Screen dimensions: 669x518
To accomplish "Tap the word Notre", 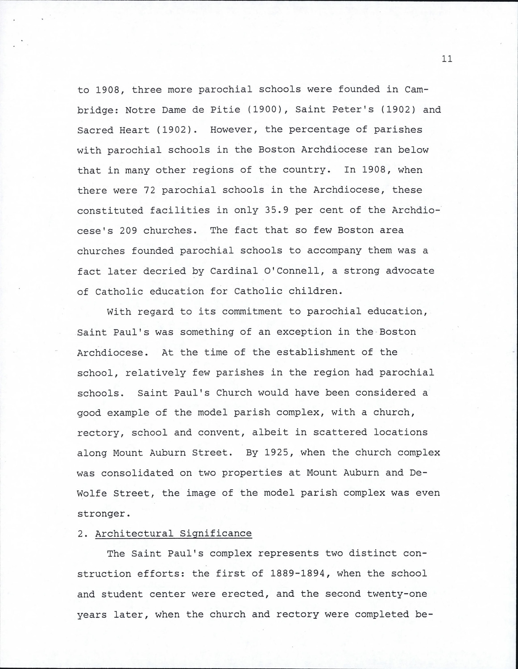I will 140,110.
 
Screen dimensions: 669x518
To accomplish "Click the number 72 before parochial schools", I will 149,190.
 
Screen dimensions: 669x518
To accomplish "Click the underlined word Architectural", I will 134,533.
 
